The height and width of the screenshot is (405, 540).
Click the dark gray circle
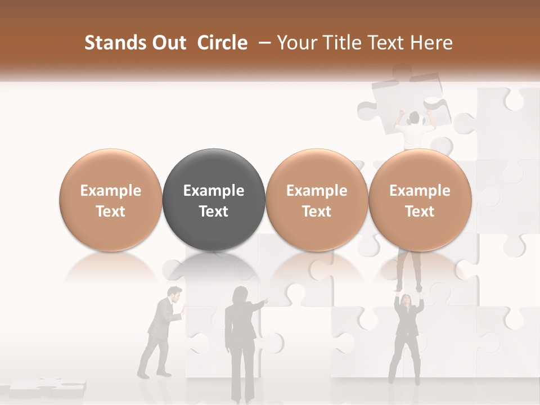[x=214, y=200]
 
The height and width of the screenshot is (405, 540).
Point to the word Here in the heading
[x=433, y=43]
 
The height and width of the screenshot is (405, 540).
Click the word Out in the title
[x=169, y=43]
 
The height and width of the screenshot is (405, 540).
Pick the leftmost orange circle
[x=110, y=200]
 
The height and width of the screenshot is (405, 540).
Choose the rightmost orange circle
[x=420, y=200]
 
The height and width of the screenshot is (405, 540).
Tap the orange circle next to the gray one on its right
[x=317, y=200]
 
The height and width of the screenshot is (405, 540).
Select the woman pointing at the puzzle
[x=240, y=343]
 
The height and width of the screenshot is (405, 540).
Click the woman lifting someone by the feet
[x=408, y=337]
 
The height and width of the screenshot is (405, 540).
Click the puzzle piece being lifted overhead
[x=405, y=98]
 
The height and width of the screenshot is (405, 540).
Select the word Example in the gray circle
[x=214, y=191]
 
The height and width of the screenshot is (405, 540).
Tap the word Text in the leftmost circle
[x=110, y=211]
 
